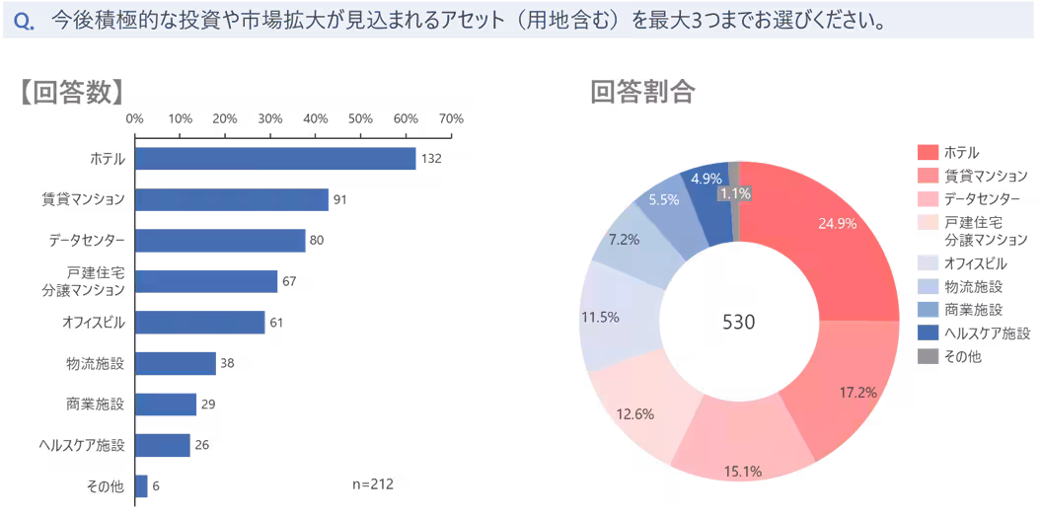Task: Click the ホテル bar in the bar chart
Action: [275, 159]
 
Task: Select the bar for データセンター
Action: [220, 241]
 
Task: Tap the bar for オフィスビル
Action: [200, 323]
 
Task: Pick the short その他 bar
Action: [142, 485]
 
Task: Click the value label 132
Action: [430, 159]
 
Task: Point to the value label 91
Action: [340, 200]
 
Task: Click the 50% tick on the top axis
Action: [360, 119]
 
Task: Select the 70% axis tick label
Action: [450, 119]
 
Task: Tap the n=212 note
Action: [373, 484]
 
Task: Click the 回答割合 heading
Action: [642, 92]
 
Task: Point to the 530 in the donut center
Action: [738, 323]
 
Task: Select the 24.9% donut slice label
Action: [837, 223]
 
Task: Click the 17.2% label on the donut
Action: [857, 393]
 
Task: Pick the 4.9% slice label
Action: [706, 179]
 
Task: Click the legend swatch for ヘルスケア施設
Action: [928, 332]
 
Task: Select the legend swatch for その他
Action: [928, 356]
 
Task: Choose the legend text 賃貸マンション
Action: [986, 176]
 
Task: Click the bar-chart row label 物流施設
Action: [95, 364]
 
